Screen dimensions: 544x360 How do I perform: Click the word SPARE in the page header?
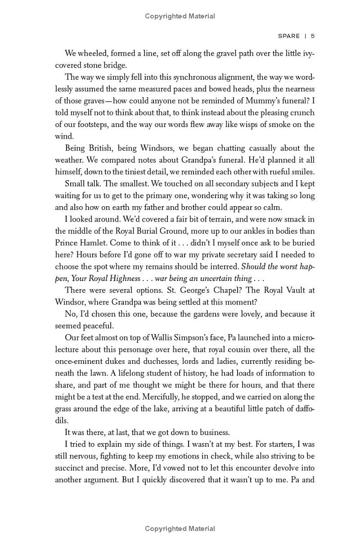coord(289,36)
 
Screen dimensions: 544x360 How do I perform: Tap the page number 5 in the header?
coord(312,36)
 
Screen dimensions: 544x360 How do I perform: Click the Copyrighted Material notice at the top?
coord(180,16)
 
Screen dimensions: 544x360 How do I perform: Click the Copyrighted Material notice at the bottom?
coord(180,529)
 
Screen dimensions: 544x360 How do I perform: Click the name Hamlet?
coord(93,243)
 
